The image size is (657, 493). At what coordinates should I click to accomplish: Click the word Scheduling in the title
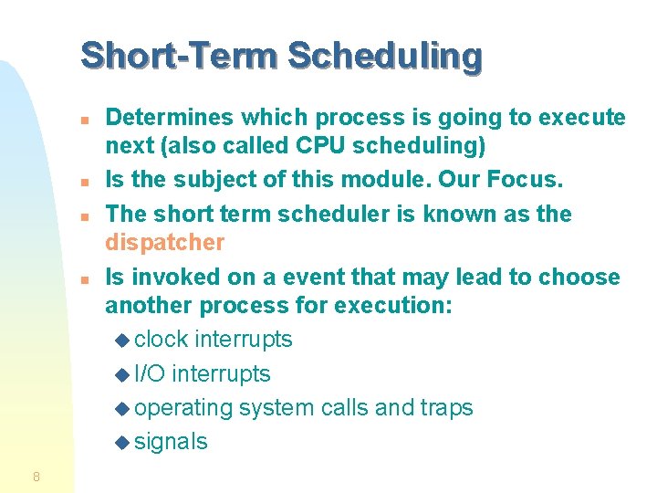point(384,56)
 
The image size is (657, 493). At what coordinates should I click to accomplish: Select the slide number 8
point(36,476)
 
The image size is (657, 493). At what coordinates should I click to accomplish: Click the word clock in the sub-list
point(162,340)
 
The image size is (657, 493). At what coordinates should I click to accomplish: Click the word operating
point(183,408)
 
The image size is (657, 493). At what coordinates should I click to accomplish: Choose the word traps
point(444,408)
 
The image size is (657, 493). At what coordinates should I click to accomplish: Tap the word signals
point(171,442)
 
